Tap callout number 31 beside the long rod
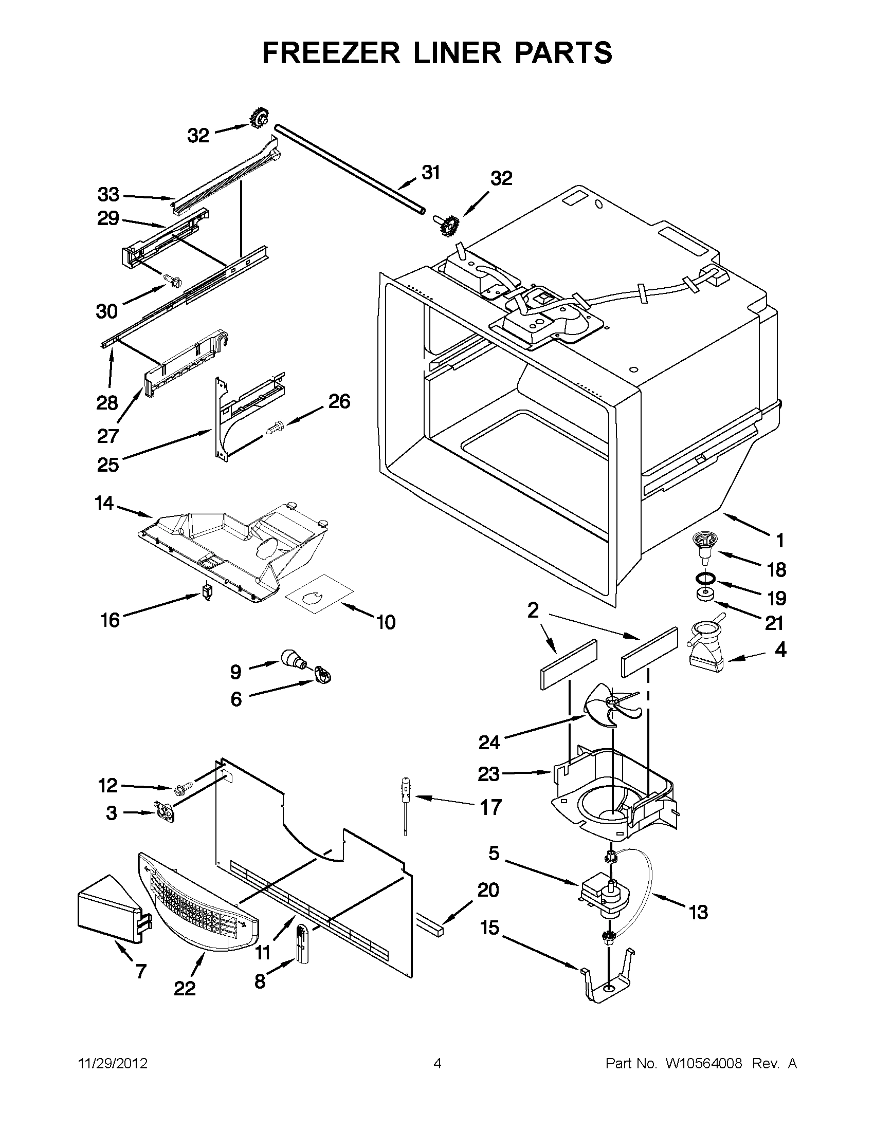[430, 173]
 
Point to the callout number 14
[104, 503]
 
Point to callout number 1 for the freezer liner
[780, 541]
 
